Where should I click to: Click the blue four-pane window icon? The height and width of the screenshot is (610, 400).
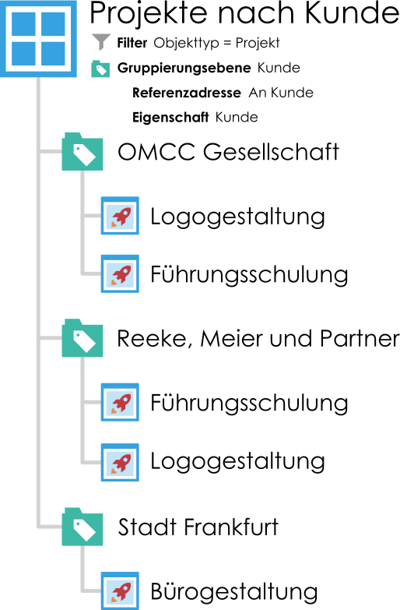pos(38,38)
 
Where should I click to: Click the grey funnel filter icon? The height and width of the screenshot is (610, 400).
pos(101,42)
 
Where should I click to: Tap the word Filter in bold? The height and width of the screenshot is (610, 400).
pos(132,43)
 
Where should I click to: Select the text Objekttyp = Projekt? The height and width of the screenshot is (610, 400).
pos(216,43)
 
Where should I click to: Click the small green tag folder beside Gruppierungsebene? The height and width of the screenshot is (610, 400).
pos(100,69)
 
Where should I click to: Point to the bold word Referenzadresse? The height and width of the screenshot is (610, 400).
pos(187,93)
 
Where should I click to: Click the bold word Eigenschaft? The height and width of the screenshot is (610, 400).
pos(170,118)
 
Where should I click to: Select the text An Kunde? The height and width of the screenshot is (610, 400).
pos(281,93)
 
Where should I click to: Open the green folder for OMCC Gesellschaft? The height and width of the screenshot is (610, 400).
pos(82,152)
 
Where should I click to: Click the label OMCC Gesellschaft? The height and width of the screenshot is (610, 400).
pos(229,152)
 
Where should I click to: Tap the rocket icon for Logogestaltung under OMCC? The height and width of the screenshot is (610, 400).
pos(120,216)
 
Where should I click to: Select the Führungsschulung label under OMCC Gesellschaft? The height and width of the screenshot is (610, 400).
pos(249,275)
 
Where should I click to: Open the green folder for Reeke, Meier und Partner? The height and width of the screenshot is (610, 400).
pos(82,338)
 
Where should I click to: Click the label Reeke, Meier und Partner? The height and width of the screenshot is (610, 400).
pos(258,338)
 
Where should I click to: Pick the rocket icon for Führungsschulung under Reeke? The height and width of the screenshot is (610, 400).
pos(120,402)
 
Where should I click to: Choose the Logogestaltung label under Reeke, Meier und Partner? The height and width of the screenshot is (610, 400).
pos(237,462)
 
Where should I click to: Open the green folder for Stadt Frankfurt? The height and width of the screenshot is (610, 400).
pos(82,527)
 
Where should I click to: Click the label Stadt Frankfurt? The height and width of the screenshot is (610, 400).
pos(198,527)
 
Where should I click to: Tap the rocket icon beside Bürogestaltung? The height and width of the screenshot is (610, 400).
pos(120,591)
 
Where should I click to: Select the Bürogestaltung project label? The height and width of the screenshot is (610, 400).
pos(234,592)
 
